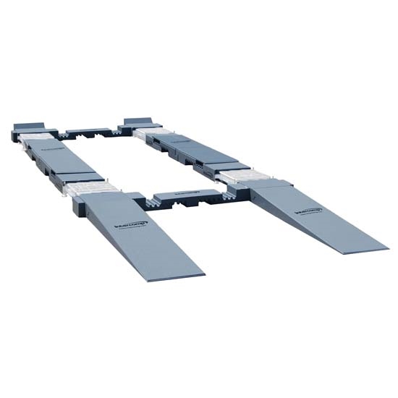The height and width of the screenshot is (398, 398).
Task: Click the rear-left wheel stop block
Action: coord(29,125)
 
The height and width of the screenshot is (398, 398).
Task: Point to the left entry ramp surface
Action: coord(137,235)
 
